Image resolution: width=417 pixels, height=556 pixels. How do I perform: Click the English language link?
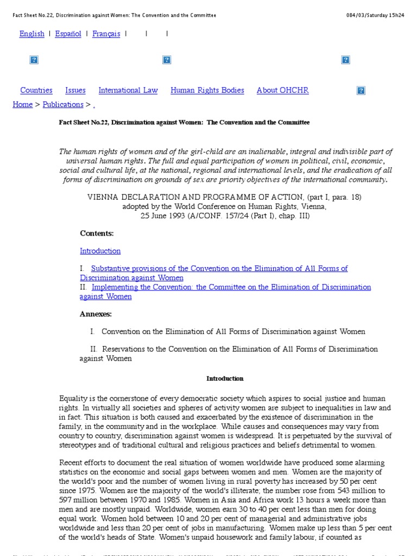[x=31, y=34]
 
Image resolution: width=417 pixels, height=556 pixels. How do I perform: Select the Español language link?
[x=68, y=34]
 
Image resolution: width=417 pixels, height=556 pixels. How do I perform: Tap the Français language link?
[x=106, y=34]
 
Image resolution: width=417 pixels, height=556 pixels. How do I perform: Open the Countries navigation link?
[x=36, y=91]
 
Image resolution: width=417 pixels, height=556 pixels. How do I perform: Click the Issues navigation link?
[x=75, y=91]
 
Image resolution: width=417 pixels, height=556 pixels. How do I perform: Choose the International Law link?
[x=128, y=91]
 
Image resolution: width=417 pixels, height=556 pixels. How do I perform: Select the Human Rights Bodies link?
[x=207, y=91]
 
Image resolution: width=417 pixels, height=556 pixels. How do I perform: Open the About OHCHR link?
[x=282, y=91]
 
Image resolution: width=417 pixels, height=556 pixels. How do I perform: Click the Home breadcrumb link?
[x=22, y=105]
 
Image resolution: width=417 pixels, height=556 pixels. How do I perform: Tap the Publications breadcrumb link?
[x=63, y=105]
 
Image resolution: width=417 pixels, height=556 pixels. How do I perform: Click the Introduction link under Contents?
[x=100, y=251]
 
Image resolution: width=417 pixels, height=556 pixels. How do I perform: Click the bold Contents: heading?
[x=97, y=233]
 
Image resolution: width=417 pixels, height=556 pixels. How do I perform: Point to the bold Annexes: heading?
[x=96, y=314]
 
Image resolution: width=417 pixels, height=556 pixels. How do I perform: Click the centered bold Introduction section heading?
[x=225, y=378]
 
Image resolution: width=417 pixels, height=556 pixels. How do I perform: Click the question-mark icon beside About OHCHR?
[x=361, y=91]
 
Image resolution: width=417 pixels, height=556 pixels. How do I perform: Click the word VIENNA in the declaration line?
[x=102, y=197]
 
